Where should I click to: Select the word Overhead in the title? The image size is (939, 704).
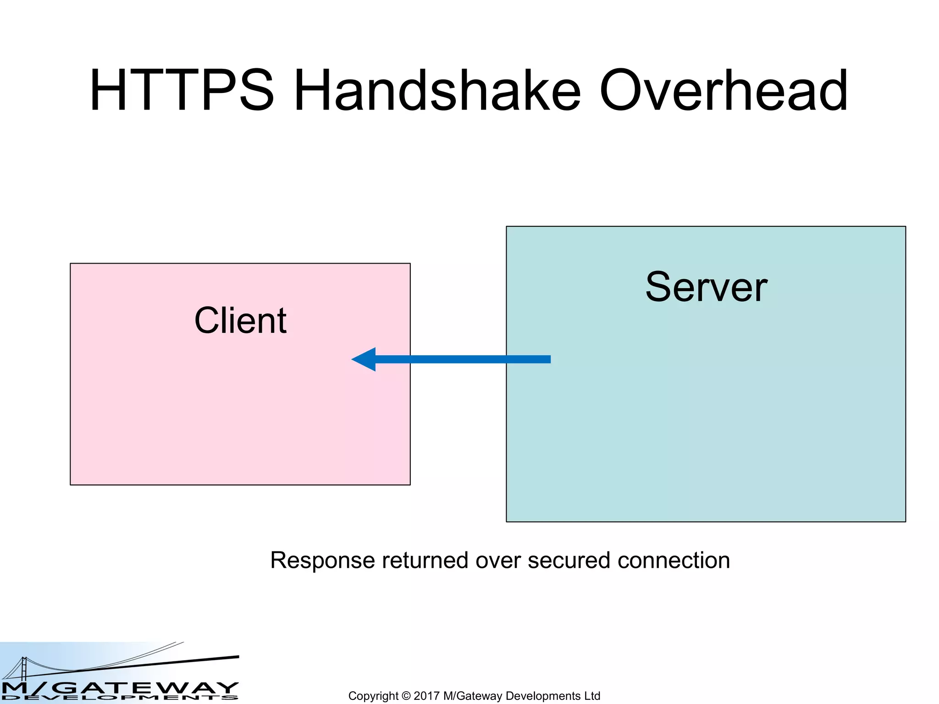coord(724,90)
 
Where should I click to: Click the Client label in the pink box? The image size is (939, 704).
coord(240,320)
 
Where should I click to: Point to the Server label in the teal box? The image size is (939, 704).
coord(706,287)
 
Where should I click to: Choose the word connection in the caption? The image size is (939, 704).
coord(674,561)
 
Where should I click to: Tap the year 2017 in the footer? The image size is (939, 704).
coord(426,696)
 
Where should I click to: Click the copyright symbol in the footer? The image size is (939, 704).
coord(406,696)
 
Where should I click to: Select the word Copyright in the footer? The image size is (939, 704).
coord(373,696)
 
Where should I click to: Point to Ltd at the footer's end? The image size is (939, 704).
coord(592,696)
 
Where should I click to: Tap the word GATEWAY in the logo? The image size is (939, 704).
coord(147,687)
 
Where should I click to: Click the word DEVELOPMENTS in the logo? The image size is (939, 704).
coord(119,698)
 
